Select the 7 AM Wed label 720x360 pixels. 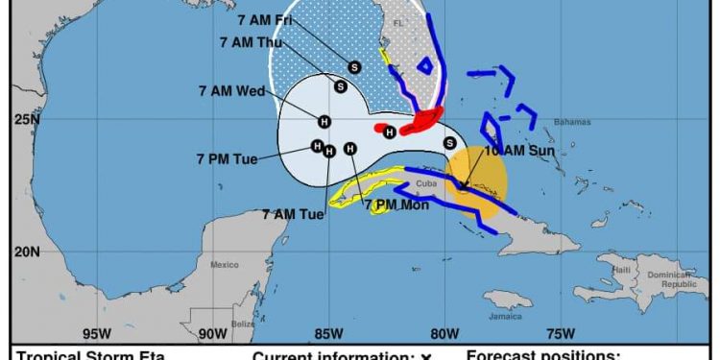tap(231, 91)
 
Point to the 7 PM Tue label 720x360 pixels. tap(228, 158)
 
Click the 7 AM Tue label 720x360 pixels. tap(293, 214)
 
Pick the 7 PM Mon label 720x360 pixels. tap(395, 204)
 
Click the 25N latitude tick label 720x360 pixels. tap(27, 119)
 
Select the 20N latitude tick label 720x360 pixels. tap(27, 252)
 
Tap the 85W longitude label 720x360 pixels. tap(327, 334)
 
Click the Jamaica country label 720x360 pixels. tap(504, 316)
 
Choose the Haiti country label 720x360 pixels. tap(622, 269)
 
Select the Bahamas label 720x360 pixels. tap(572, 122)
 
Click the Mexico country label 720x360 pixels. tap(224, 264)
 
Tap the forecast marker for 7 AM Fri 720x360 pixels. tap(354, 66)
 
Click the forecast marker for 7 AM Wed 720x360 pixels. tap(324, 121)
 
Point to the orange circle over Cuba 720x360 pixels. tap(474, 181)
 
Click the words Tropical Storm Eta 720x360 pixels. tap(90, 356)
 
